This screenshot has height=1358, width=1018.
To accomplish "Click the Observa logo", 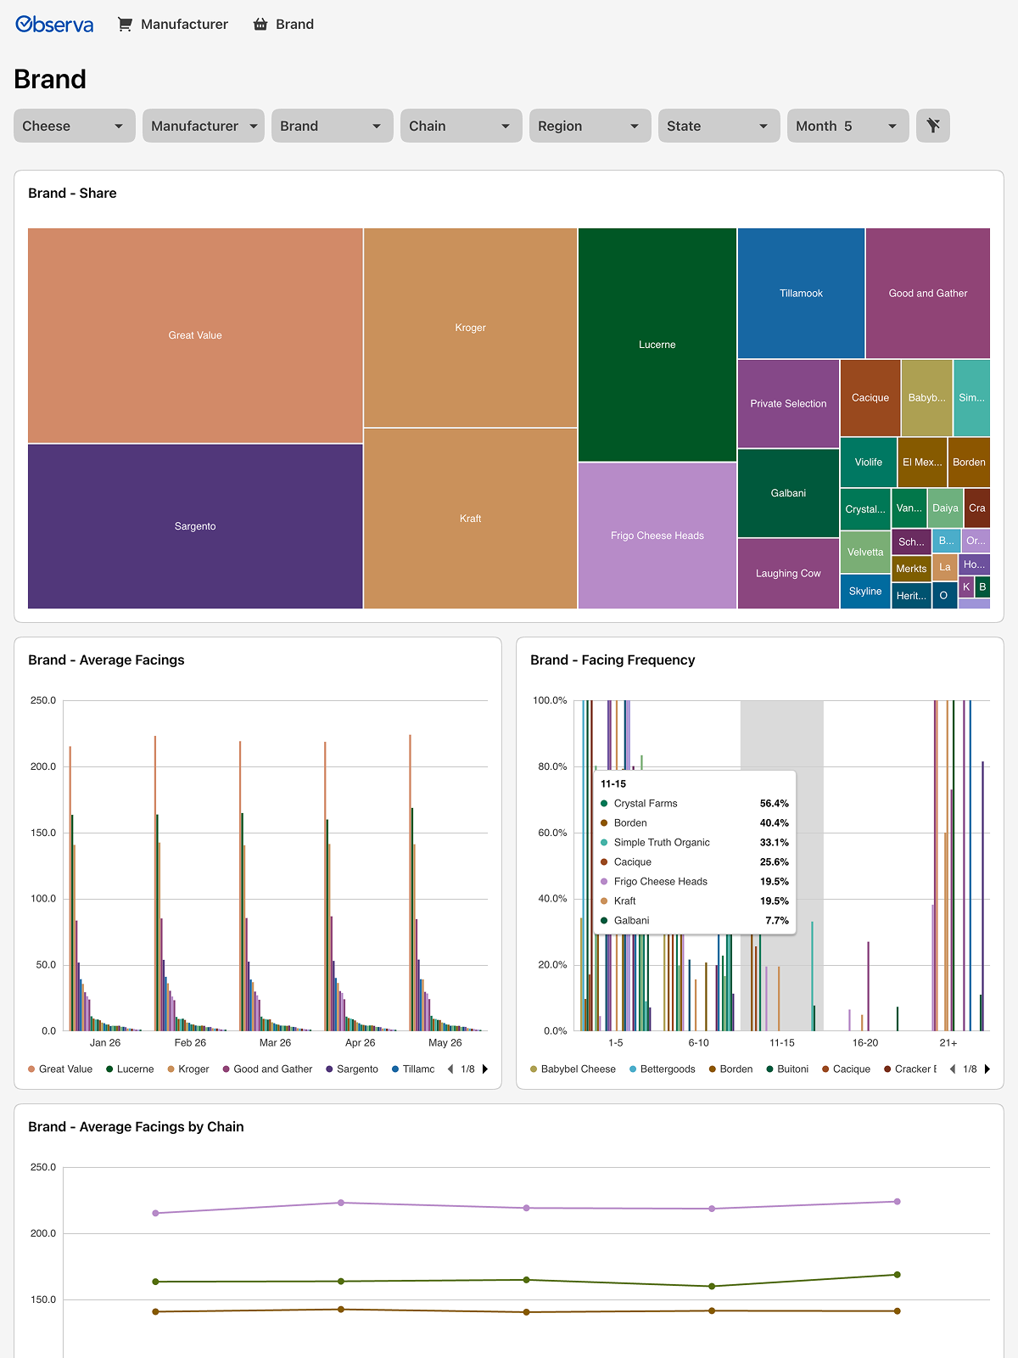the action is tap(54, 24).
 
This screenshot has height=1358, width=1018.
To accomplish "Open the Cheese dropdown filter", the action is tap(74, 126).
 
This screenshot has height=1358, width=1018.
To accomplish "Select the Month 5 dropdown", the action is tap(847, 126).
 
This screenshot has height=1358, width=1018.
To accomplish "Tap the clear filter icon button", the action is tap(932, 126).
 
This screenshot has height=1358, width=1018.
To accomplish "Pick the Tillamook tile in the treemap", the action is tap(801, 294).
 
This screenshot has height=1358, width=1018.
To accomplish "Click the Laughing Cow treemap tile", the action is tap(788, 574).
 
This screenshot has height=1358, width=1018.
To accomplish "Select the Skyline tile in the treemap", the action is tap(864, 592).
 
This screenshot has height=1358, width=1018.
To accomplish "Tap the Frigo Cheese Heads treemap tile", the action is tap(657, 536).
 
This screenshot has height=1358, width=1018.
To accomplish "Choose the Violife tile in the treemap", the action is tap(868, 463).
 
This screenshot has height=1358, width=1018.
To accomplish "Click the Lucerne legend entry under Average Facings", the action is tap(130, 1069).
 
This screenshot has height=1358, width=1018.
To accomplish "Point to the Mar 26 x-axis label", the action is tap(275, 1042).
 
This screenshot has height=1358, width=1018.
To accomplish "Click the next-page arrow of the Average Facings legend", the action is tap(485, 1069).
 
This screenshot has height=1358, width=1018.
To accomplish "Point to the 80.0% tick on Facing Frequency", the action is tap(552, 766).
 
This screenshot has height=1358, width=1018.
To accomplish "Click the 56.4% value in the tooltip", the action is tap(774, 803).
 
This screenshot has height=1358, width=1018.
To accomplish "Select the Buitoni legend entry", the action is tap(787, 1069).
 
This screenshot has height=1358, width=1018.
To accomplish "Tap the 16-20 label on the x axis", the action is tap(864, 1042).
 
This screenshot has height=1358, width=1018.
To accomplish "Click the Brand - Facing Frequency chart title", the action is tap(612, 659).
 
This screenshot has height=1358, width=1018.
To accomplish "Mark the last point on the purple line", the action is tap(898, 1202).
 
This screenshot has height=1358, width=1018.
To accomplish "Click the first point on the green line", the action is tap(156, 1282).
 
